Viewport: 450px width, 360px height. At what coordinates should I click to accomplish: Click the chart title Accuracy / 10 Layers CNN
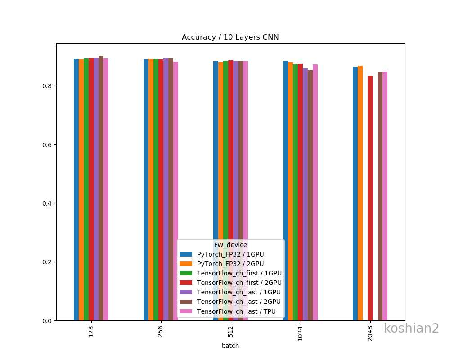230,37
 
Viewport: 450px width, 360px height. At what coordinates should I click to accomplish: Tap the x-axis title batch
230,346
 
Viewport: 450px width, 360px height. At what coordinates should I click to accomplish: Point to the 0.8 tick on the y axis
46,86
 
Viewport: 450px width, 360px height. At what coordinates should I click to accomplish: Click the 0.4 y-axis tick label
46,203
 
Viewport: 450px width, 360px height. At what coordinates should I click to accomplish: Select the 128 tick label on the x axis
91,332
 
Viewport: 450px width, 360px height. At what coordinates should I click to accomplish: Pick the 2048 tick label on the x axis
370,333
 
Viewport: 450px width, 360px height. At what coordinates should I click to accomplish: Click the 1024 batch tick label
301,333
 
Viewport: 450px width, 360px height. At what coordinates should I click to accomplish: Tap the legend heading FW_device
230,245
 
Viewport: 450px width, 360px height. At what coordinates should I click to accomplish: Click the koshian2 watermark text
411,328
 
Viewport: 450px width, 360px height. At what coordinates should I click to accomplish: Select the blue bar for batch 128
76,189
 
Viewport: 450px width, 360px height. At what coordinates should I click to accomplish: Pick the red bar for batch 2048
370,198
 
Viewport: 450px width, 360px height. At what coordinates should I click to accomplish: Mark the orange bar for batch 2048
360,193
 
